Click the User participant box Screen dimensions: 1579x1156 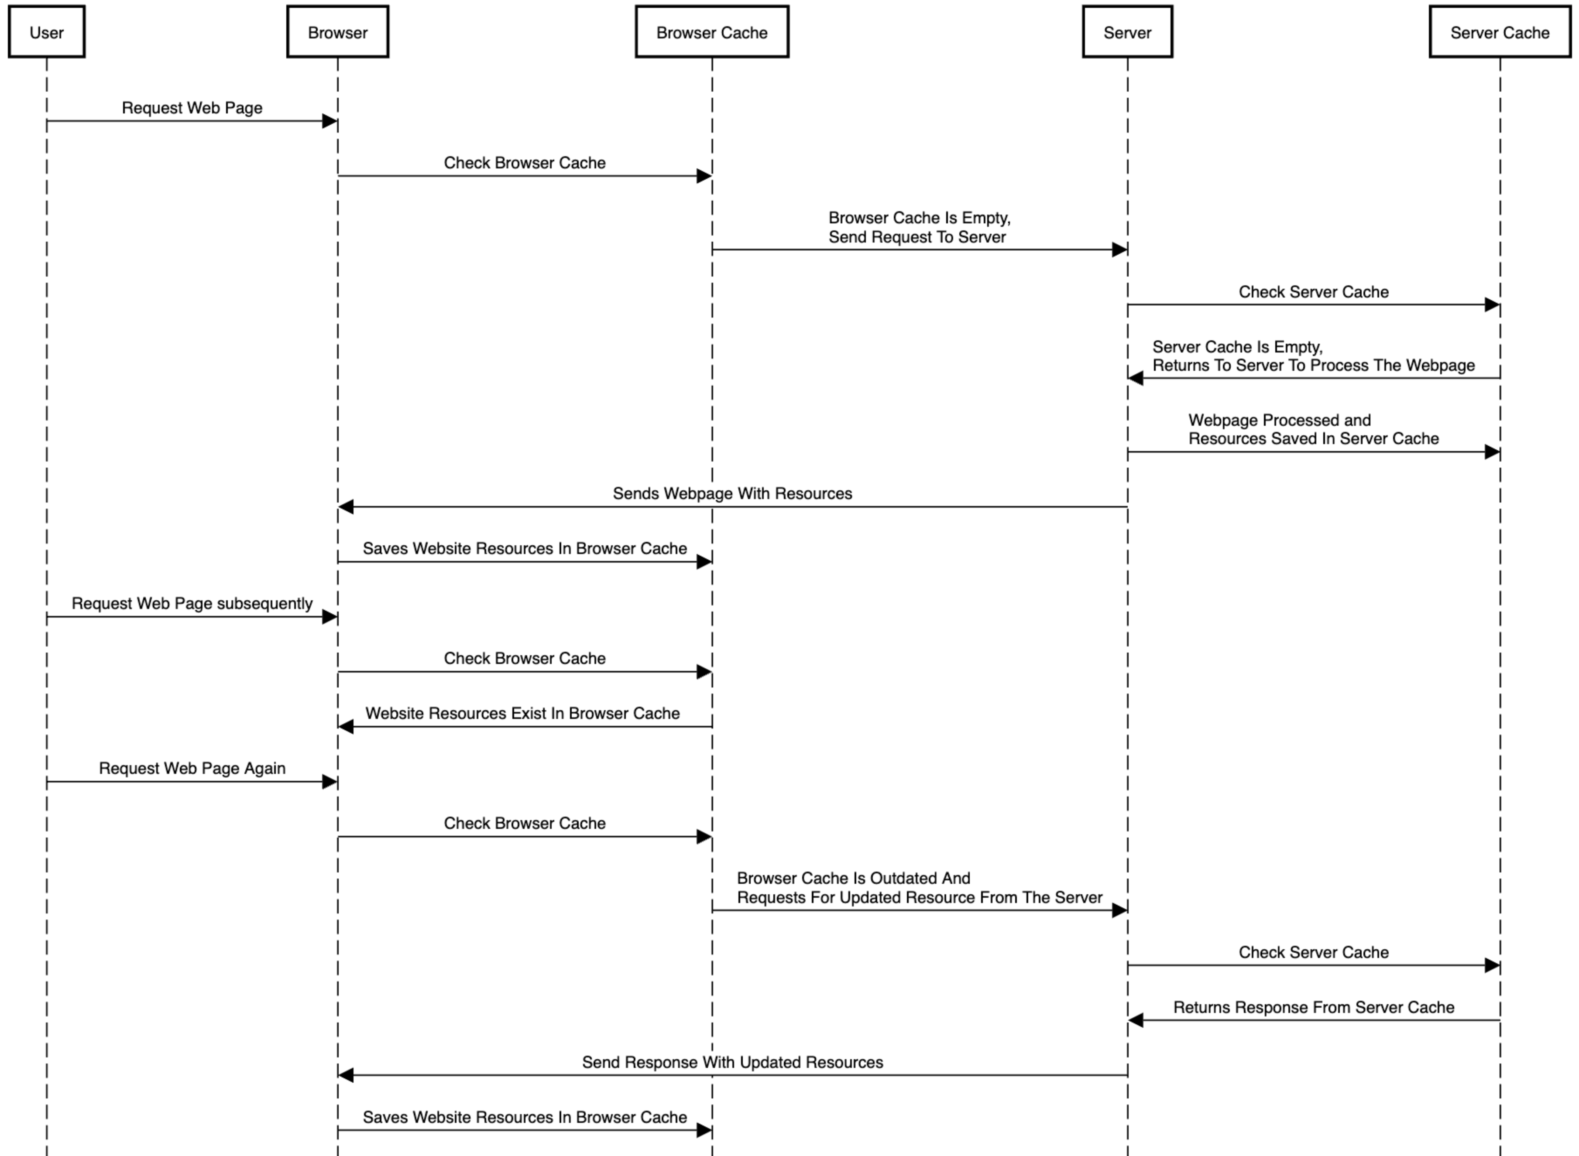47,31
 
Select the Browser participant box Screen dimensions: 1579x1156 337,31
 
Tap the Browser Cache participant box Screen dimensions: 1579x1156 712,31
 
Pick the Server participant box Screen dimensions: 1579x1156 1127,31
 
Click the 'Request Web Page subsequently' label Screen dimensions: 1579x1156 192,603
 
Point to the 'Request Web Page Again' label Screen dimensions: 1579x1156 192,768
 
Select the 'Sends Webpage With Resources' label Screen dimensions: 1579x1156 732,493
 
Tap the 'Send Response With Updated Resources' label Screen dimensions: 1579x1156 732,1062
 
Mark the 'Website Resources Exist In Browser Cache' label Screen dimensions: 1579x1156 522,713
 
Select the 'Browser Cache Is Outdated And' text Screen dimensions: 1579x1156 853,878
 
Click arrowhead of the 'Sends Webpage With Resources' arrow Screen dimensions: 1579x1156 346,506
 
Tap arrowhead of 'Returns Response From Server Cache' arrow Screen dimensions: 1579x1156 1135,1020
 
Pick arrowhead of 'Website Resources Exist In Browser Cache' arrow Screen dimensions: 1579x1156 346,726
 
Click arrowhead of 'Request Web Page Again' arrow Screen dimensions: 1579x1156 330,782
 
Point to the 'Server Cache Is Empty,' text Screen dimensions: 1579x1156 1237,347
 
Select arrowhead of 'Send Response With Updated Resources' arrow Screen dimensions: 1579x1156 346,1075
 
